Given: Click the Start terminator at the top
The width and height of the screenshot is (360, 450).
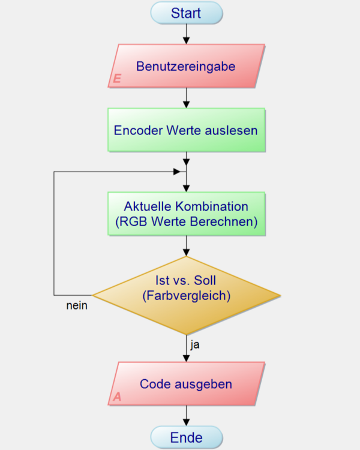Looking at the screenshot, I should (x=186, y=13).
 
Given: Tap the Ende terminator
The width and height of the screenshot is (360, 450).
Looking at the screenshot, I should (x=186, y=437).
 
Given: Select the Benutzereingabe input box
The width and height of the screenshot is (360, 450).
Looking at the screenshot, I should (x=186, y=66).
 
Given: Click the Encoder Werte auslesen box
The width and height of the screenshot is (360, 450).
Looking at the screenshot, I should (x=186, y=130).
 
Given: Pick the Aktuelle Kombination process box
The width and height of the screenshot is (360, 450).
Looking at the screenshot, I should (x=186, y=214).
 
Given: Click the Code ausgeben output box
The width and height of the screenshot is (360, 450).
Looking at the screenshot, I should (x=186, y=384).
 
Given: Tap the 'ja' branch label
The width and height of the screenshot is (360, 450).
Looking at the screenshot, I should (x=194, y=345).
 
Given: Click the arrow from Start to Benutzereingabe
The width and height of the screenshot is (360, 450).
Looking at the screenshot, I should (x=186, y=34).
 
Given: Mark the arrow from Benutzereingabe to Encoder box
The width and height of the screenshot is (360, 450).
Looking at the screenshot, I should (x=186, y=98).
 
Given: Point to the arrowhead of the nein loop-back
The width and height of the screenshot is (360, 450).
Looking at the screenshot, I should (x=177, y=172).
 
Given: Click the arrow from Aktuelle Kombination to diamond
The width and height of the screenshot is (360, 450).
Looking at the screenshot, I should (x=186, y=246).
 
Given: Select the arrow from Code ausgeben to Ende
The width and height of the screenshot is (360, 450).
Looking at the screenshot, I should (x=186, y=416).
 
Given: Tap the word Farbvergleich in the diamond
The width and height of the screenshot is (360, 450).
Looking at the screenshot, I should (x=190, y=296).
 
